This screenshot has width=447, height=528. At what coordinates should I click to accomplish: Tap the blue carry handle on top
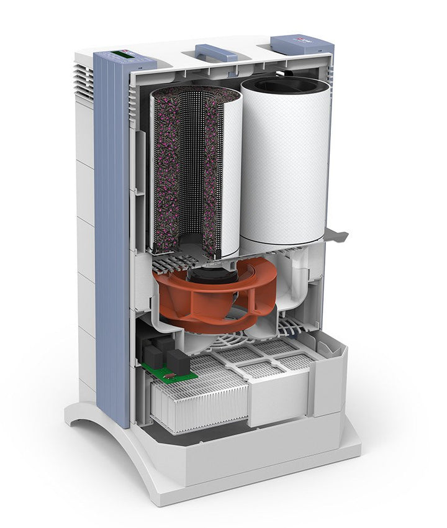(216, 52)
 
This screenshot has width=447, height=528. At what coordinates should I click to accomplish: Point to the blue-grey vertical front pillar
(112, 248)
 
